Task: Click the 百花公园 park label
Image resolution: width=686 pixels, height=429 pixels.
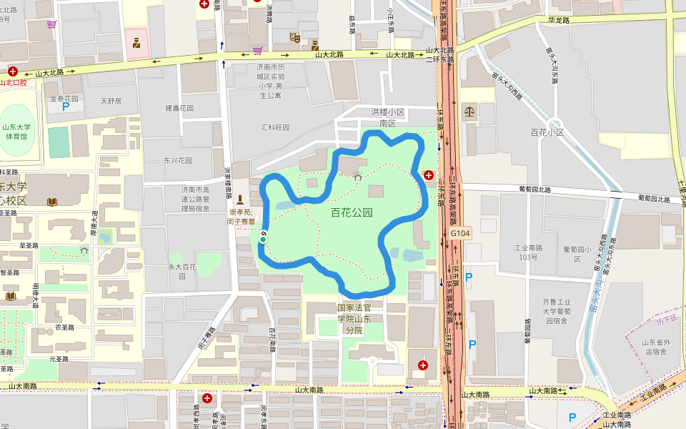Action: (352, 212)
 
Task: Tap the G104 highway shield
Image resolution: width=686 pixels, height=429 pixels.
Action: (460, 233)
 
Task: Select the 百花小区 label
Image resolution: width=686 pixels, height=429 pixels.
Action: (547, 132)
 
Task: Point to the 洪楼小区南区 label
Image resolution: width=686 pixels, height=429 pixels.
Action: (388, 117)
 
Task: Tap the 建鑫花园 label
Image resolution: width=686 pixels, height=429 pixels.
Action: (179, 108)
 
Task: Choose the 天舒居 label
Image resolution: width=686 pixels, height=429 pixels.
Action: (111, 101)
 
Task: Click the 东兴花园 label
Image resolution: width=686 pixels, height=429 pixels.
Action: (178, 160)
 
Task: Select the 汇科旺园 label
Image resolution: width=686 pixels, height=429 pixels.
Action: (275, 127)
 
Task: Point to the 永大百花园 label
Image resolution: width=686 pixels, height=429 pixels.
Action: (182, 271)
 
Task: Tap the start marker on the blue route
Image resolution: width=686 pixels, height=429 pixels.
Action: (263, 239)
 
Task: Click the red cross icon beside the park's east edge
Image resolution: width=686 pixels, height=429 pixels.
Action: (429, 174)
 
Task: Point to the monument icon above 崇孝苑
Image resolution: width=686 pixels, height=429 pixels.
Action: (240, 199)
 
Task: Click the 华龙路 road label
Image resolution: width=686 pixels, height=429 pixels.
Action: (558, 21)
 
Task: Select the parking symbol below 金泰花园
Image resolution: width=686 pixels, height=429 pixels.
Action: (66, 107)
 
